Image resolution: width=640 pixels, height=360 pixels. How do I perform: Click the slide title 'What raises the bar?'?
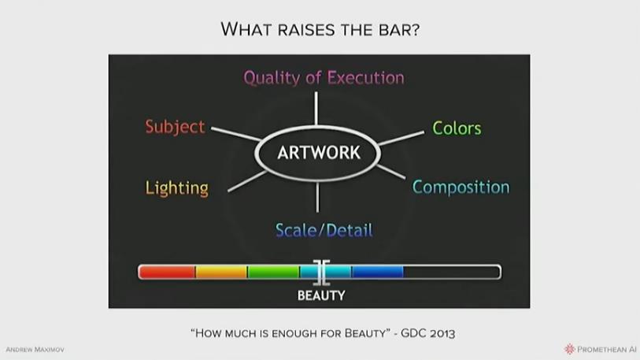coord(320,29)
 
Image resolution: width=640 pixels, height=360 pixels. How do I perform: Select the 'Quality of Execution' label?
coord(324,78)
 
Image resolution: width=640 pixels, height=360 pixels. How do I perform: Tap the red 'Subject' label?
coord(175,127)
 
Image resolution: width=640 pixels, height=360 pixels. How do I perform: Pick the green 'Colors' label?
coord(457,128)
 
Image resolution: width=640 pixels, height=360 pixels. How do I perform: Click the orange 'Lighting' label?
coord(177,188)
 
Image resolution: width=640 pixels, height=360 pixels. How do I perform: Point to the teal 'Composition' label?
coord(461,187)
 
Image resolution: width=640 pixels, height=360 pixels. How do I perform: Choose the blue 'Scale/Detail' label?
coord(324,230)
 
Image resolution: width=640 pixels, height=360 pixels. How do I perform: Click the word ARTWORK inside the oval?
coord(319,153)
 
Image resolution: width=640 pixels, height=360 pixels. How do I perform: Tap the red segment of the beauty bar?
coord(167,272)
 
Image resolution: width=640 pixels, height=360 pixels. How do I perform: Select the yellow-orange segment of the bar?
coord(221,272)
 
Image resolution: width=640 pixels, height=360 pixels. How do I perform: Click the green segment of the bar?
coord(273,272)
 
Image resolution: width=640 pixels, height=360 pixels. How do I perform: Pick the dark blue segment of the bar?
coord(378,272)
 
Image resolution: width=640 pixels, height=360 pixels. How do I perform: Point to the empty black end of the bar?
coord(452,272)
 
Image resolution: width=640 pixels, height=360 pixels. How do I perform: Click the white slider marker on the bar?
coord(322,272)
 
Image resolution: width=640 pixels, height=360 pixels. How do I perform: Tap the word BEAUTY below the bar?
coord(321,295)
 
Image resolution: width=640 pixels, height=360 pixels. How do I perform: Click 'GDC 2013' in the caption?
coord(427,333)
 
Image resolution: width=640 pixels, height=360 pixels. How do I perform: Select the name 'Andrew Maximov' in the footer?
coord(35,350)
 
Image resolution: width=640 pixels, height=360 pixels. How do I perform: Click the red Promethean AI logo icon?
coord(569,349)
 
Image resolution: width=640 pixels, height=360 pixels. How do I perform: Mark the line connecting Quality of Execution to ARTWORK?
coord(316,108)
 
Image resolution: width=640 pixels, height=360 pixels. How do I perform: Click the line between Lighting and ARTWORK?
coord(247,181)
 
